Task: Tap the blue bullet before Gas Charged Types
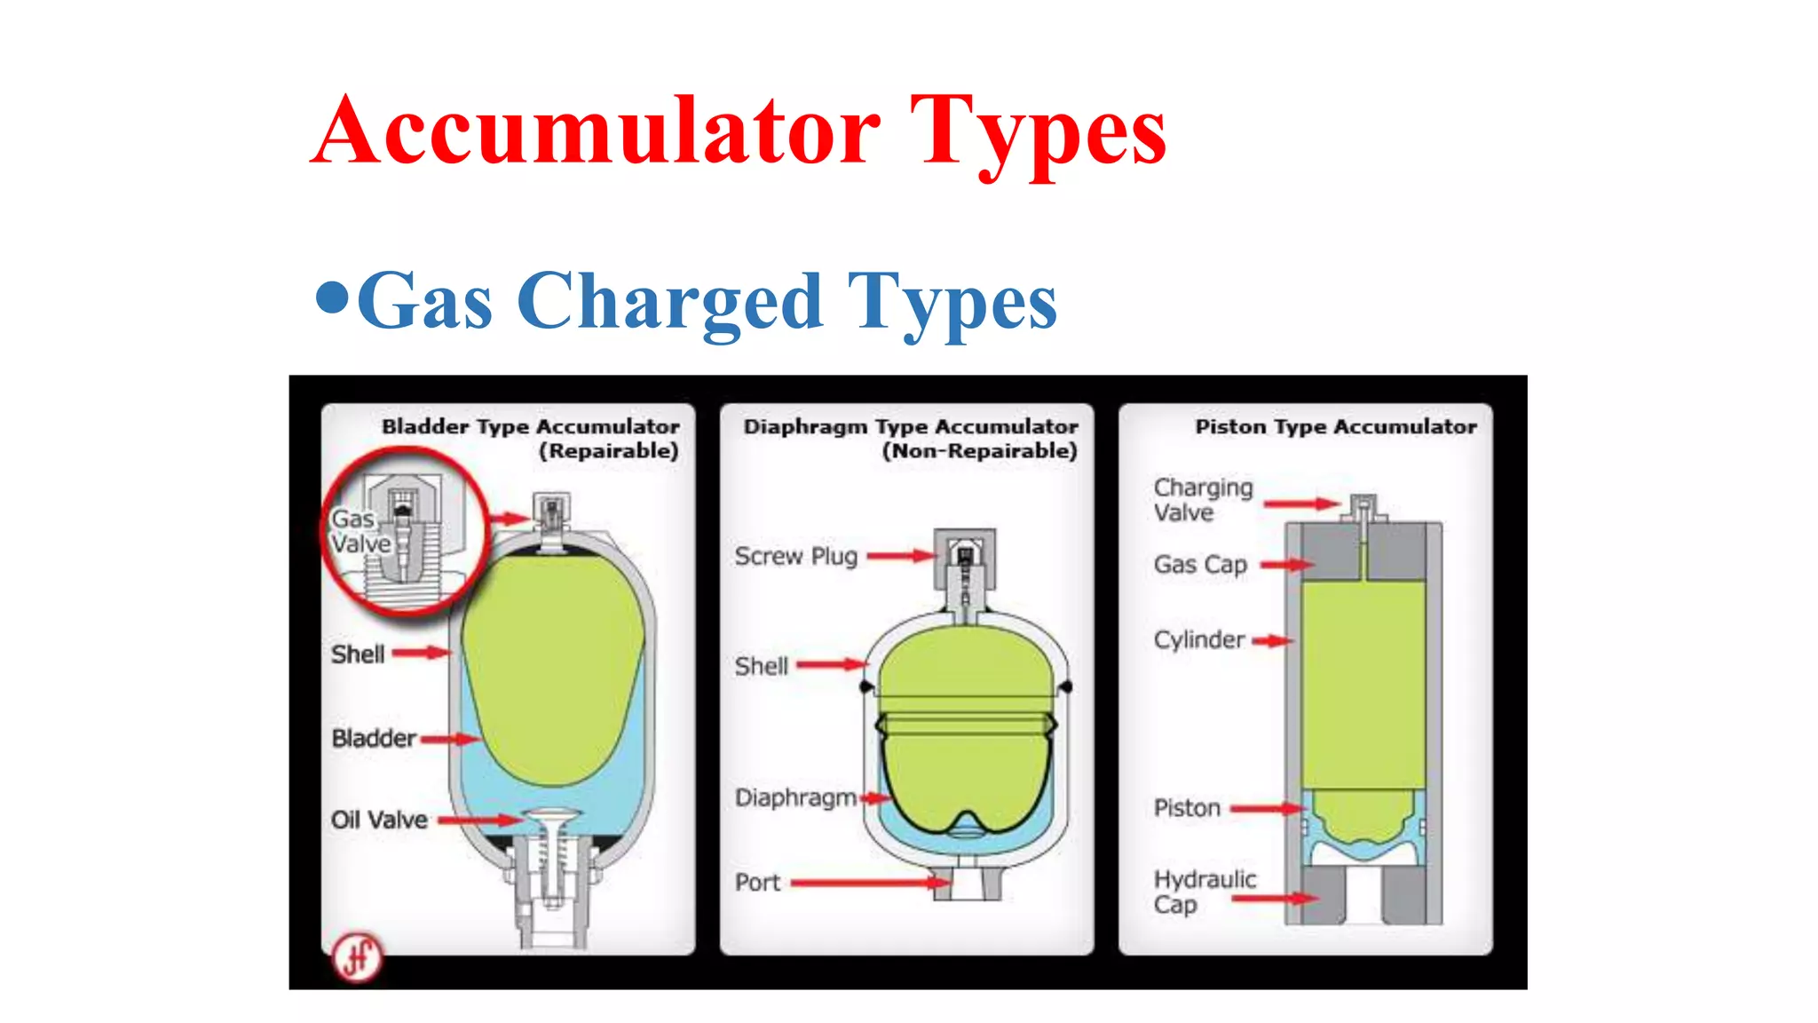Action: (333, 297)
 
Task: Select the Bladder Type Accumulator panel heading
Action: (530, 426)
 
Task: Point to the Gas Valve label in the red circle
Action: (360, 531)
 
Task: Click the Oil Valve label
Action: (379, 820)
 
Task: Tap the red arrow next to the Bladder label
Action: (450, 739)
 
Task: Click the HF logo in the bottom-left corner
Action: (357, 957)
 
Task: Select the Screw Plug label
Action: (795, 557)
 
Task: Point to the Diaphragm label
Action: (795, 797)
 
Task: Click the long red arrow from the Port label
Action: (870, 883)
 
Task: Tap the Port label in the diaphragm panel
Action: (757, 883)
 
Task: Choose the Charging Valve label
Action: (1203, 500)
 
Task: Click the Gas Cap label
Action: (1200, 565)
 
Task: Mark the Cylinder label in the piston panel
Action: (1199, 640)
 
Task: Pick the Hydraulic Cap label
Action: (1205, 892)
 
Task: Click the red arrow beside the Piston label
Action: (1267, 809)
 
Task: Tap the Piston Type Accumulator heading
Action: (1335, 427)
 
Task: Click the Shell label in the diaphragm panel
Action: (761, 666)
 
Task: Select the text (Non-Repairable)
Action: (979, 451)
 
